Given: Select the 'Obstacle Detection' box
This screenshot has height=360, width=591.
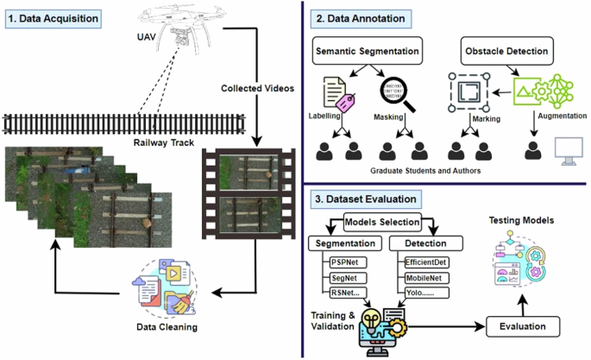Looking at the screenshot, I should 507,51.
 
